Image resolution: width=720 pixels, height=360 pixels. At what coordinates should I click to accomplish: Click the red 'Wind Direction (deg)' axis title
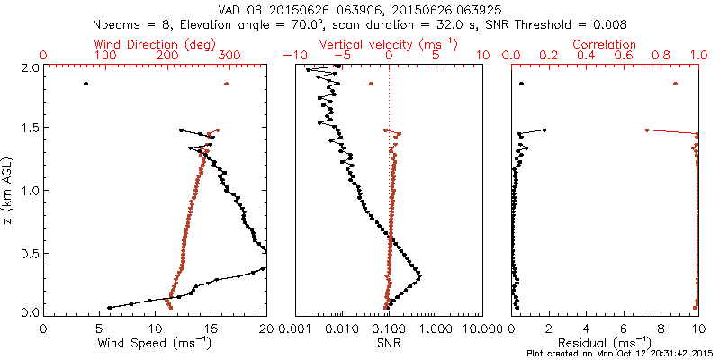click(x=155, y=44)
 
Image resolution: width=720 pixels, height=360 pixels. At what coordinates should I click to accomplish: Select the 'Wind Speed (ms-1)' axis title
click(x=155, y=342)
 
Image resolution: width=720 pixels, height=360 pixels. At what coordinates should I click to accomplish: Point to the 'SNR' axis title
click(x=389, y=342)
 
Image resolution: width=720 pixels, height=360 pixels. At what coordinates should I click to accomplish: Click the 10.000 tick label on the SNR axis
click(x=482, y=328)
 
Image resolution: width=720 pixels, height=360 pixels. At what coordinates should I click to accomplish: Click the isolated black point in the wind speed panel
click(x=85, y=84)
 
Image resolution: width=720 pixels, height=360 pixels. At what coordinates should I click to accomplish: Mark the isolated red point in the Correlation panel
click(x=675, y=84)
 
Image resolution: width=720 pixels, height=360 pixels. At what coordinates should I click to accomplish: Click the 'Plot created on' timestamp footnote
click(x=620, y=353)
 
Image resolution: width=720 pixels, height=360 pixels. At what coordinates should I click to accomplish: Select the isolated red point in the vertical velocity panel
click(x=371, y=84)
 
